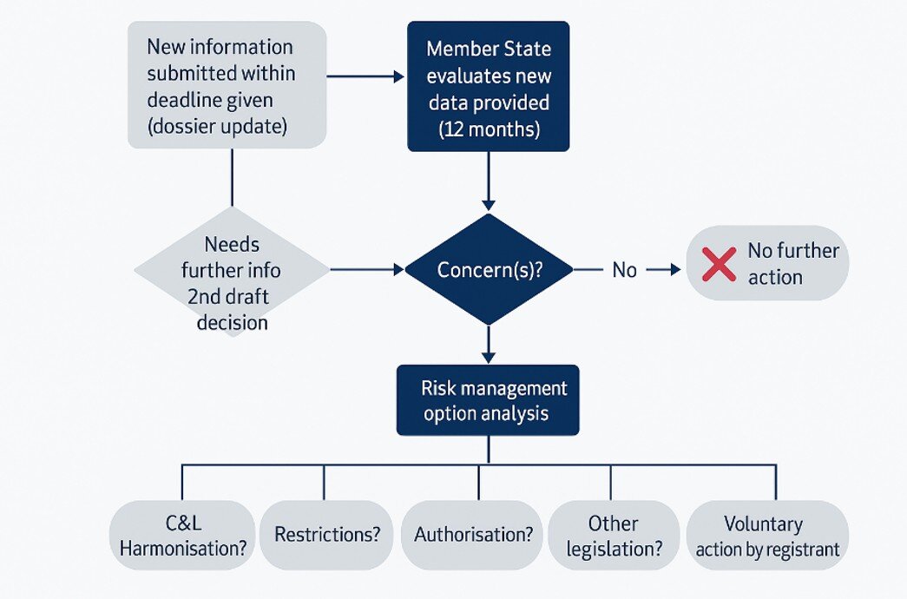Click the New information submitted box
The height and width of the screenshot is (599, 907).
[227, 84]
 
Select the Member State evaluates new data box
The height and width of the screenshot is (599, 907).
[489, 87]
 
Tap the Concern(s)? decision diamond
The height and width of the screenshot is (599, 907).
[489, 270]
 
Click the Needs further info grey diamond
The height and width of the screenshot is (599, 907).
[233, 270]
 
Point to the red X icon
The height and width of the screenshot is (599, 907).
[719, 264]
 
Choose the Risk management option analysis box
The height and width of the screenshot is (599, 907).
[488, 400]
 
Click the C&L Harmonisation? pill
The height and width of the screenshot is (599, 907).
[183, 536]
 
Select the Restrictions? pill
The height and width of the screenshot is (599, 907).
[327, 535]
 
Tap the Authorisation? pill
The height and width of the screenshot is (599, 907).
[473, 535]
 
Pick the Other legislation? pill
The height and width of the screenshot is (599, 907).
[613, 536]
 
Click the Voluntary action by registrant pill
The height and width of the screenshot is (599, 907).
[767, 536]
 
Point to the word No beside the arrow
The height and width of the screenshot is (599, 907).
[624, 270]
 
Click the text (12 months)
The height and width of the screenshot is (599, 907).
[489, 129]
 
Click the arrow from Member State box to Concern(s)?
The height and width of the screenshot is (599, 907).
[489, 181]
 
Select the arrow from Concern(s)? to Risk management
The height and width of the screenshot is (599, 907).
[489, 345]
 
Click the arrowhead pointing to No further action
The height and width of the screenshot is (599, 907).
[675, 270]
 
